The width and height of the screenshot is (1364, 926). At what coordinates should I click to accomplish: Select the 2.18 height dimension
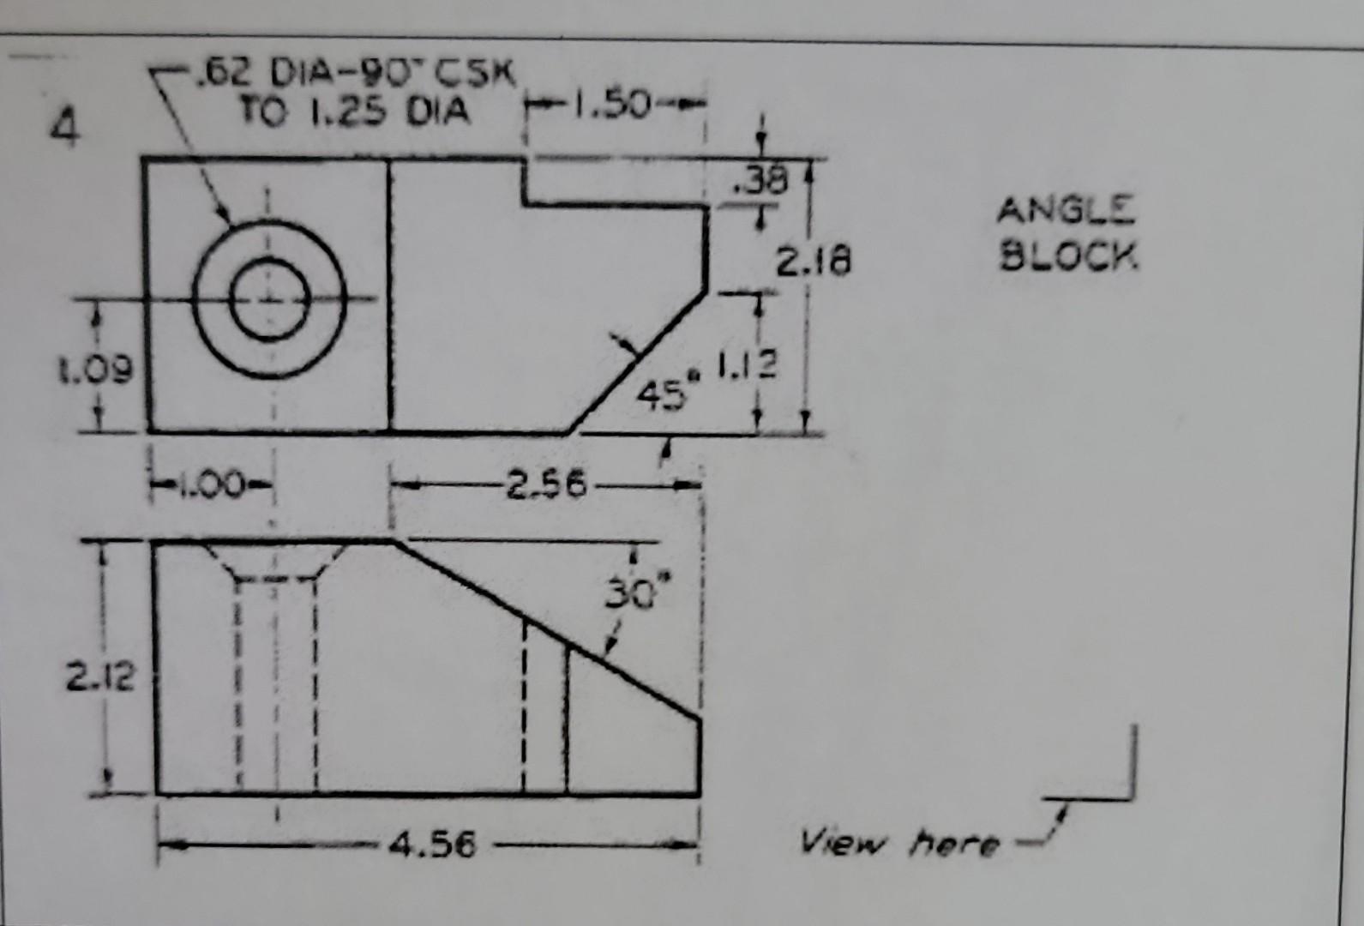point(813,260)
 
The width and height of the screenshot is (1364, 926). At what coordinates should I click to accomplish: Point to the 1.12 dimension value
point(747,366)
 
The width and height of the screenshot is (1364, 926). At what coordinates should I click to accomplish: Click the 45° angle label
point(663,394)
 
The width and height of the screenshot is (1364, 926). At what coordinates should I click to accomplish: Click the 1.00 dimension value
point(211,484)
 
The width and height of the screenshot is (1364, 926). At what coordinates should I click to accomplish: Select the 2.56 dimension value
point(546,486)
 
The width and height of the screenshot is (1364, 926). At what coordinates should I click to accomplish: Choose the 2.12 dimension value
point(100,677)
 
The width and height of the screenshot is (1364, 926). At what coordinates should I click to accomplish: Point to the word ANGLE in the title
point(1066,210)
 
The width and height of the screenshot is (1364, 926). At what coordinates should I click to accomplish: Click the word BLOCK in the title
point(1069,255)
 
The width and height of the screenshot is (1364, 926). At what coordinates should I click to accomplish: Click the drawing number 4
point(65,129)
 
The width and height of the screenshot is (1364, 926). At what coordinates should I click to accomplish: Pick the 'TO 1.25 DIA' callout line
point(353,111)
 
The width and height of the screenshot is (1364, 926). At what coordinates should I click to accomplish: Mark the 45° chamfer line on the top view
point(639,361)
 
